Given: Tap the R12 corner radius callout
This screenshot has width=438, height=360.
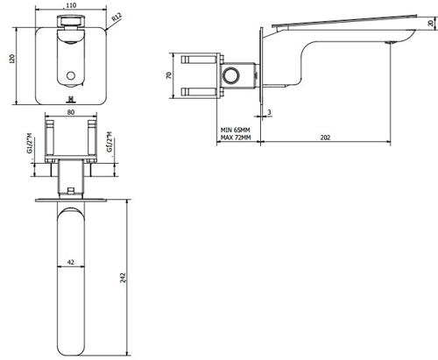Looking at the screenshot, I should (x=118, y=15).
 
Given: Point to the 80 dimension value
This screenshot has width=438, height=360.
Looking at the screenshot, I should (x=70, y=113).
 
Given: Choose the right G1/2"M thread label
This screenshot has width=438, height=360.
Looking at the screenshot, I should (x=109, y=142).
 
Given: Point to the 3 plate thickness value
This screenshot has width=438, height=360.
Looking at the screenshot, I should (x=269, y=111).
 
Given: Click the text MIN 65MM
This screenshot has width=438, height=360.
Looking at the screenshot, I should (x=237, y=130).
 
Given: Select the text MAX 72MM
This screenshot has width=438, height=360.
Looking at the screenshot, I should (x=237, y=138).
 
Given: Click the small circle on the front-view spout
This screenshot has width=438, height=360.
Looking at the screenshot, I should (x=72, y=76).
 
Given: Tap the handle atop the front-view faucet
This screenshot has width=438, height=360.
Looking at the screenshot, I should (x=71, y=23).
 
